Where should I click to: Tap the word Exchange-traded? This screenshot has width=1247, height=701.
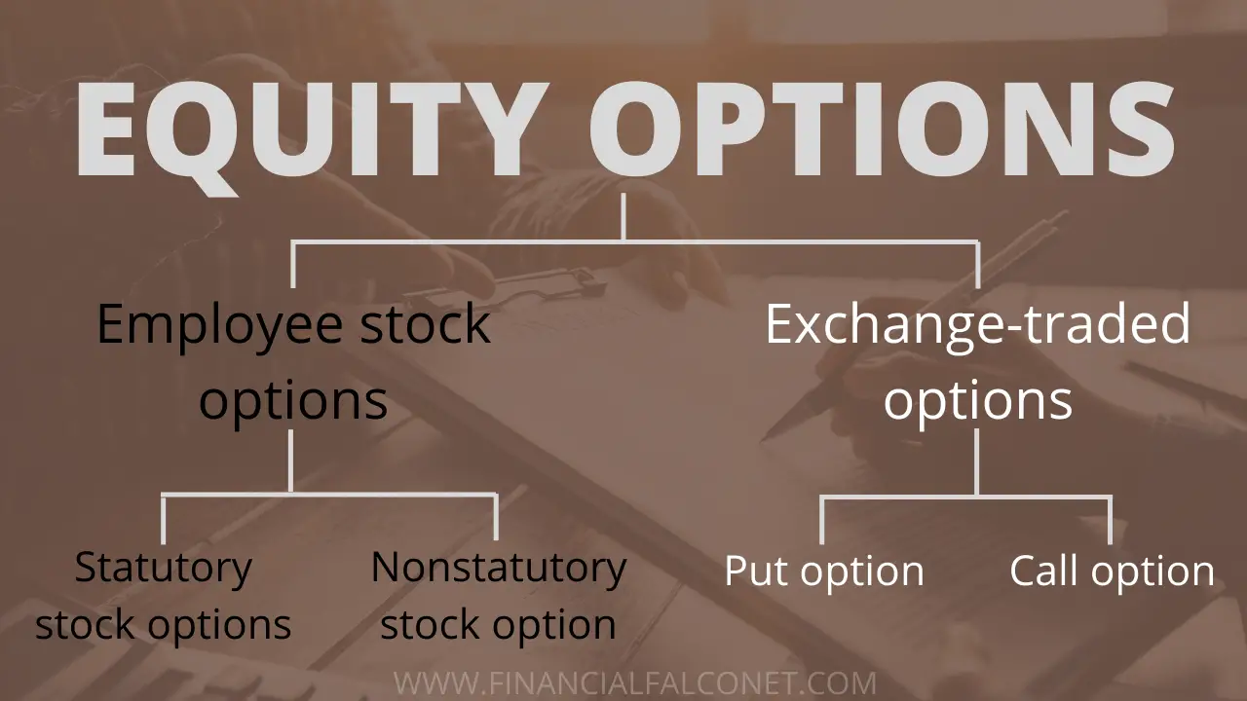pyautogui.click(x=977, y=324)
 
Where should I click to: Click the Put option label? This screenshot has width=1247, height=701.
pyautogui.click(x=823, y=571)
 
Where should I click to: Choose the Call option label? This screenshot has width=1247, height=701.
pyautogui.click(x=1112, y=571)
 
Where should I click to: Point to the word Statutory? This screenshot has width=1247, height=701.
pyautogui.click(x=163, y=567)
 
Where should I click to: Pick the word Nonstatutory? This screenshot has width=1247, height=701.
pyautogui.click(x=498, y=567)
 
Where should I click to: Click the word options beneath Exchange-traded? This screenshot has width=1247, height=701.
pyautogui.click(x=977, y=400)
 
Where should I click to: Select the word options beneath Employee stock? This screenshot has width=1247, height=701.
pyautogui.click(x=293, y=400)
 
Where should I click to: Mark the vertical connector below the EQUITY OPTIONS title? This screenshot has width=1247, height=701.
pyautogui.click(x=623, y=216)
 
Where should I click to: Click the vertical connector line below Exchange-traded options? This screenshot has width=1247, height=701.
pyautogui.click(x=977, y=462)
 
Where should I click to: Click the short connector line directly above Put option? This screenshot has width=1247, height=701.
pyautogui.click(x=822, y=520)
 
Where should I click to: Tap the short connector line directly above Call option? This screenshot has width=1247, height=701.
pyautogui.click(x=1110, y=520)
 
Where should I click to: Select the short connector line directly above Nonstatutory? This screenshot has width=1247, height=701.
pyautogui.click(x=497, y=517)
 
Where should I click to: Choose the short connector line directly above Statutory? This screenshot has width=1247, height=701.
pyautogui.click(x=163, y=519)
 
